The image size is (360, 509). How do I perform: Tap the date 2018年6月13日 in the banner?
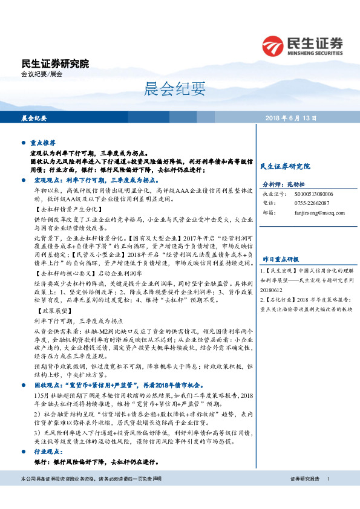(x=291, y=118)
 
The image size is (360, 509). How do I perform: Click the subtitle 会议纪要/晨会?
(x=41, y=74)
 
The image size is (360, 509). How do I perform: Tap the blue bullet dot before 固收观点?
(x=24, y=385)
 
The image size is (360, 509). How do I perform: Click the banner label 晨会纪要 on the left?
(x=34, y=118)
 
